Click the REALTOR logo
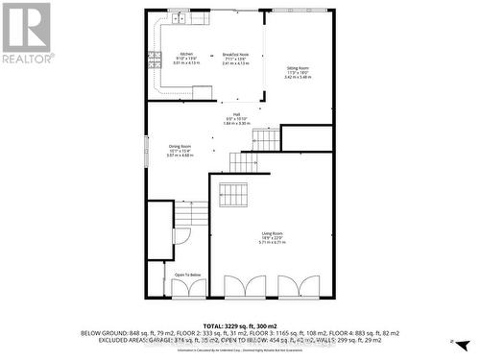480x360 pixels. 27,33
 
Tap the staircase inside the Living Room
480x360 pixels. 233,195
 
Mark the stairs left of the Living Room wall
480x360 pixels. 193,213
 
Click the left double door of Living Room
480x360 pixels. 238,286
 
